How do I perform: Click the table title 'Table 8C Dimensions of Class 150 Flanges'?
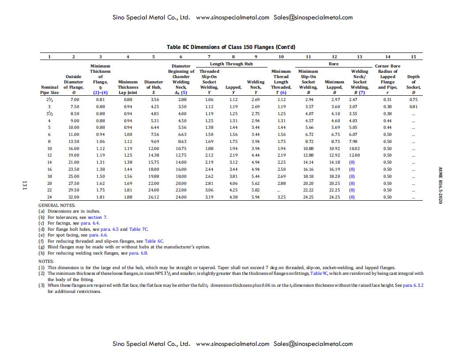point(231,47)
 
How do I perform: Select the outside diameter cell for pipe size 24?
point(73,197)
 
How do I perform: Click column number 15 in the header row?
point(413,56)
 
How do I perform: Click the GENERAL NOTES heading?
point(57,205)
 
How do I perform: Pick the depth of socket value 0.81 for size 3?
point(413,106)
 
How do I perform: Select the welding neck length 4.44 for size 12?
point(256,155)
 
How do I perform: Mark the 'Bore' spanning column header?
point(334,64)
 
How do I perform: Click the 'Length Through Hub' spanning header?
point(231,64)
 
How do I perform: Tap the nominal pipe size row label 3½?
point(49,113)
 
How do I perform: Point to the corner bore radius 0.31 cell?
point(387,99)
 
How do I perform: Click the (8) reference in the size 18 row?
point(352,176)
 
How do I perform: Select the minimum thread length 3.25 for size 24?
point(281,197)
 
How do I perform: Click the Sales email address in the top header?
point(313,18)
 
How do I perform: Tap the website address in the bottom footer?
point(232,344)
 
